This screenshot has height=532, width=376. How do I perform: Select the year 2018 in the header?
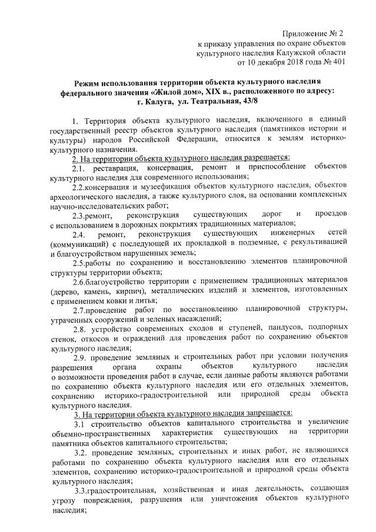coord(285,61)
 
